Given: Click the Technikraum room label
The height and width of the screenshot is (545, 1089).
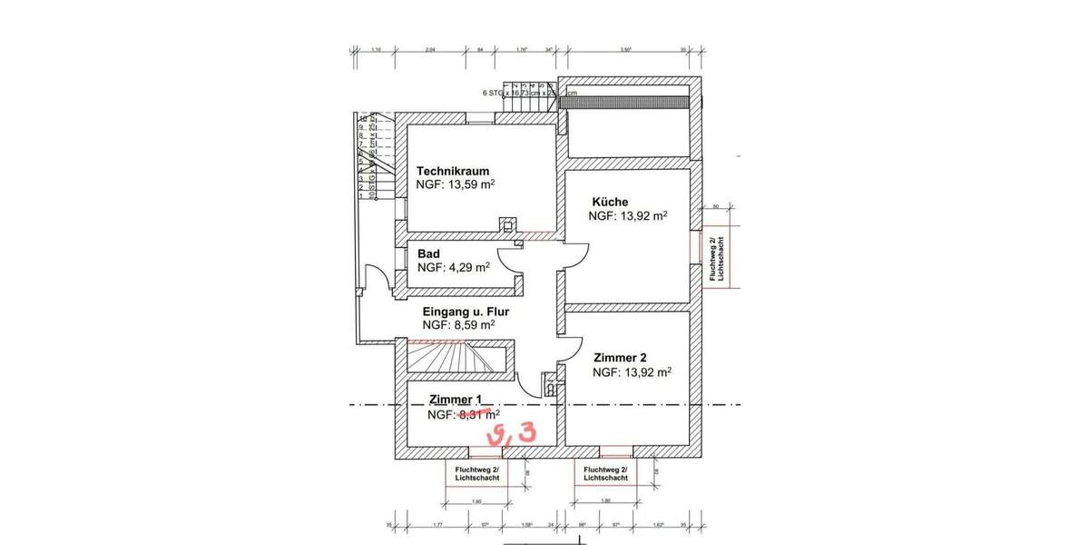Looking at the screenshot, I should [453, 171].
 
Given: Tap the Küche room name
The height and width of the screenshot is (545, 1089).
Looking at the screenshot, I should [610, 202].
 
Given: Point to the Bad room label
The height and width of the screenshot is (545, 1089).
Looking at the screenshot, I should [428, 253].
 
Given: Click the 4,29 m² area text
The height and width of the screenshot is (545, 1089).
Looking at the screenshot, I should [453, 268].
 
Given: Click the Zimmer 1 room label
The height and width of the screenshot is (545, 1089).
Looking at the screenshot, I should [455, 400].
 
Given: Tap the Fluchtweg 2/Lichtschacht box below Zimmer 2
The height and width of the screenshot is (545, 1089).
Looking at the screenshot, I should [606, 473].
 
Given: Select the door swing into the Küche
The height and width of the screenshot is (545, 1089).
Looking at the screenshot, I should [575, 256].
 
